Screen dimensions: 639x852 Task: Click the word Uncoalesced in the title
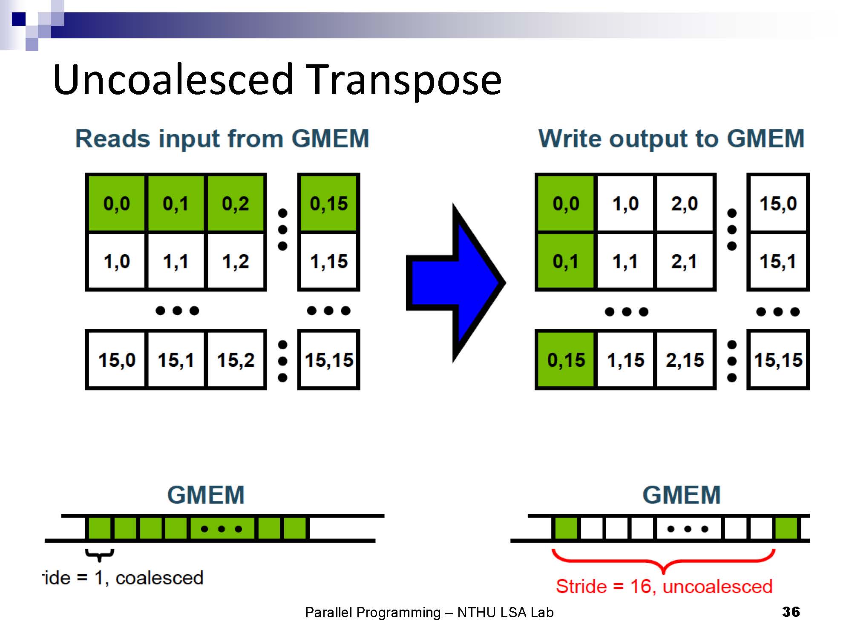click(x=173, y=80)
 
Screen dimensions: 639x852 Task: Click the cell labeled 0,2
click(x=236, y=203)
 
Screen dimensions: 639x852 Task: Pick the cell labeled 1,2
click(x=236, y=261)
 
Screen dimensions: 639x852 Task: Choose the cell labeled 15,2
click(x=236, y=360)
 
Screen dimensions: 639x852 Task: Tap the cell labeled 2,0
click(x=685, y=203)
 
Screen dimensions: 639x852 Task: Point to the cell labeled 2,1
click(x=685, y=261)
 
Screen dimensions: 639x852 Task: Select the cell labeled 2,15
click(x=685, y=360)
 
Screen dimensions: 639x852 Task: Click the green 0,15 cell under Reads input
click(x=329, y=203)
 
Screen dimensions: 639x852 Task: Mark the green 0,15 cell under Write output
click(x=566, y=360)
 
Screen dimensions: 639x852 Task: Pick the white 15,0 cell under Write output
click(x=778, y=203)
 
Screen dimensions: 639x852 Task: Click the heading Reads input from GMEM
click(x=222, y=138)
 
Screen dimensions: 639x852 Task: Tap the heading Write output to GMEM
click(x=671, y=138)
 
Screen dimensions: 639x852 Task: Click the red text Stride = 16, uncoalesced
click(x=664, y=586)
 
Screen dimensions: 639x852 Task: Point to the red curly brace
click(x=663, y=560)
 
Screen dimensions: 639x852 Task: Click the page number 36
click(x=791, y=612)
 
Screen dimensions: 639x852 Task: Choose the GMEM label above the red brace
click(x=681, y=495)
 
